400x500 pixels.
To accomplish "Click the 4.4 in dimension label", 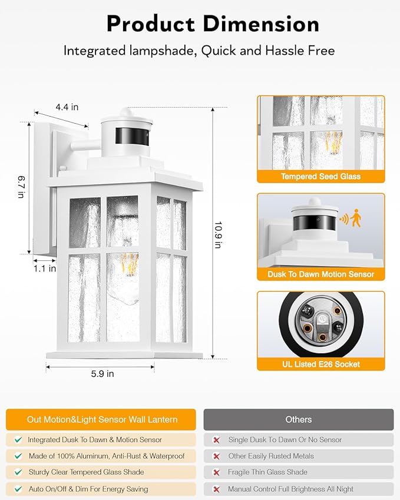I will click(67, 107).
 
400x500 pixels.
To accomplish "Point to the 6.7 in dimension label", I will click(22, 187).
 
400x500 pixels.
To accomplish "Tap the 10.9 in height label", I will click(218, 235).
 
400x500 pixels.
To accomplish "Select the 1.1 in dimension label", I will click(44, 269).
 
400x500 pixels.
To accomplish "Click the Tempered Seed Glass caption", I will click(320, 177).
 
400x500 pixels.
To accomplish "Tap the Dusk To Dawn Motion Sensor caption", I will click(320, 274).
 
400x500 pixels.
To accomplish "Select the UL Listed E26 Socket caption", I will click(320, 365).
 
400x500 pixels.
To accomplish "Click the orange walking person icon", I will click(356, 219).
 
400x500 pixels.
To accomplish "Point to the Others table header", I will click(298, 419).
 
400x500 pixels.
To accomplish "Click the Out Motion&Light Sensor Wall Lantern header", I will click(102, 419).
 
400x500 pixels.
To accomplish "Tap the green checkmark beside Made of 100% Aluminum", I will click(18, 456).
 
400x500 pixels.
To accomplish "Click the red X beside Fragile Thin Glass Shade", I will click(216, 473).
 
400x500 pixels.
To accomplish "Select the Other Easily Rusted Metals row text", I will click(271, 456).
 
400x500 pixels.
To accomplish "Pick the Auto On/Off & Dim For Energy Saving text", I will click(88, 489).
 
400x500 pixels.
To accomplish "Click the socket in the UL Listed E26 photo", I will click(320, 323).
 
